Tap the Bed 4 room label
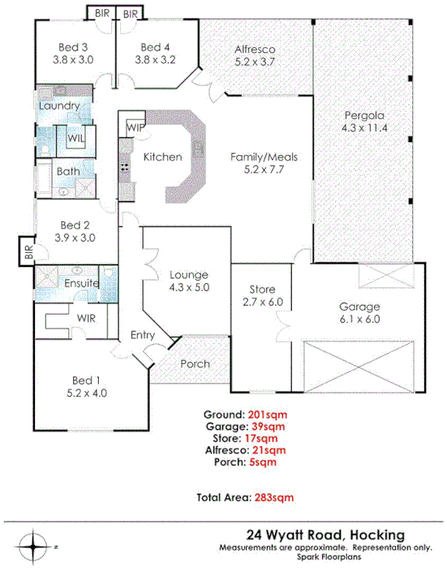[x=154, y=53]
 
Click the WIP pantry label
[x=135, y=127]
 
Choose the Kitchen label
[x=162, y=157]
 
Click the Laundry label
[x=58, y=106]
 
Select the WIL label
[x=75, y=138]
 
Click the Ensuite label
[x=81, y=283]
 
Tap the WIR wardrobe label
[x=86, y=318]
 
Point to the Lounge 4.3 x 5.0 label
[x=188, y=281]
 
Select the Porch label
[x=195, y=363]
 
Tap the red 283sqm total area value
[x=274, y=497]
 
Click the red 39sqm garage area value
[x=267, y=425]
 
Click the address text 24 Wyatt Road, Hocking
[x=327, y=534]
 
